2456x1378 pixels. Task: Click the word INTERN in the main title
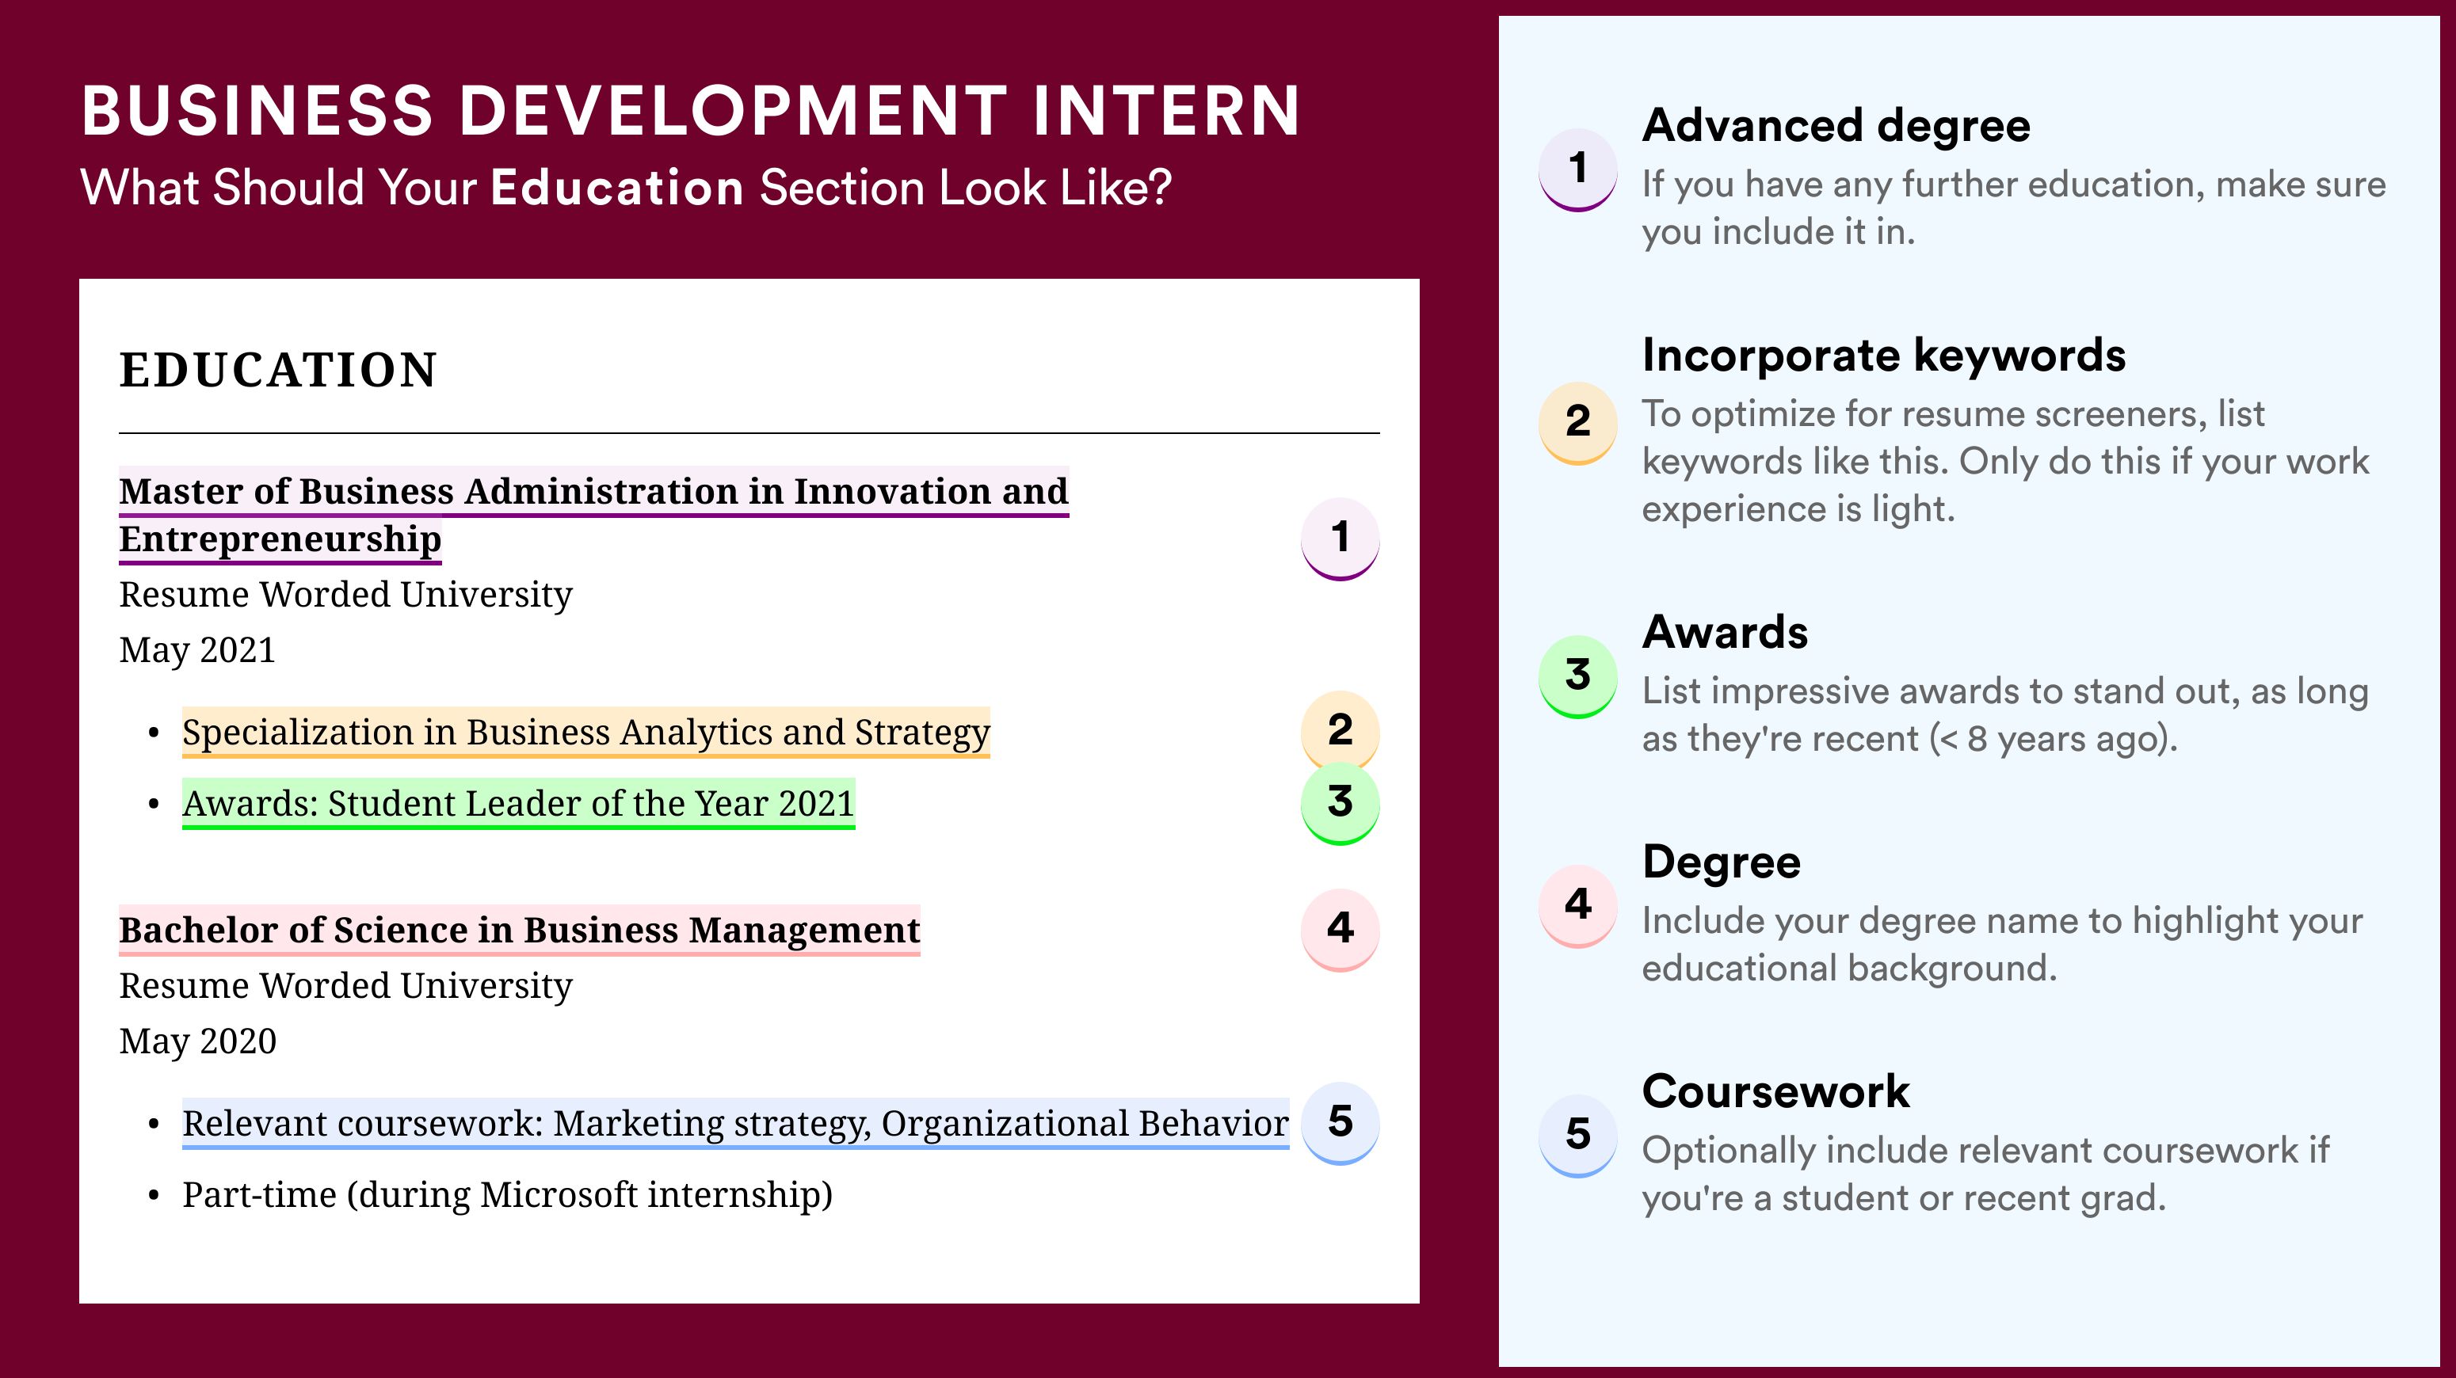tap(1166, 111)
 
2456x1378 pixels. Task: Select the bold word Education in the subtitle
tap(617, 187)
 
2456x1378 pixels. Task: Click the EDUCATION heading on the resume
tap(277, 370)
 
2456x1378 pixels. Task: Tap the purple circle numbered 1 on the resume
tap(1340, 539)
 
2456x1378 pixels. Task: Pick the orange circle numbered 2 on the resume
tap(1340, 730)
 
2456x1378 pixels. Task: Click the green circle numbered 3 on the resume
tap(1340, 803)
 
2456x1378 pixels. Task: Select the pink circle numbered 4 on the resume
tap(1340, 929)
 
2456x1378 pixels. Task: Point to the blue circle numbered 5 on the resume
tap(1340, 1123)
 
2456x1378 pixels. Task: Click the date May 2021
tap(197, 650)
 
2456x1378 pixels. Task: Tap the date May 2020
tap(197, 1041)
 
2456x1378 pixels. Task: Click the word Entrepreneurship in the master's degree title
tap(280, 540)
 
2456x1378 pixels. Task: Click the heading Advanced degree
tap(1836, 126)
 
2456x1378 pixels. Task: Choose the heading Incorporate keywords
tap(1883, 356)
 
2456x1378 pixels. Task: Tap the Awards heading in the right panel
tap(1725, 632)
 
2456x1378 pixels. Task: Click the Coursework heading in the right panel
tap(1775, 1091)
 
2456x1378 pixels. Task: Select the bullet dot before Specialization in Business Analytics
tap(154, 733)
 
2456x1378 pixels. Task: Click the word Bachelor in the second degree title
tap(198, 929)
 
